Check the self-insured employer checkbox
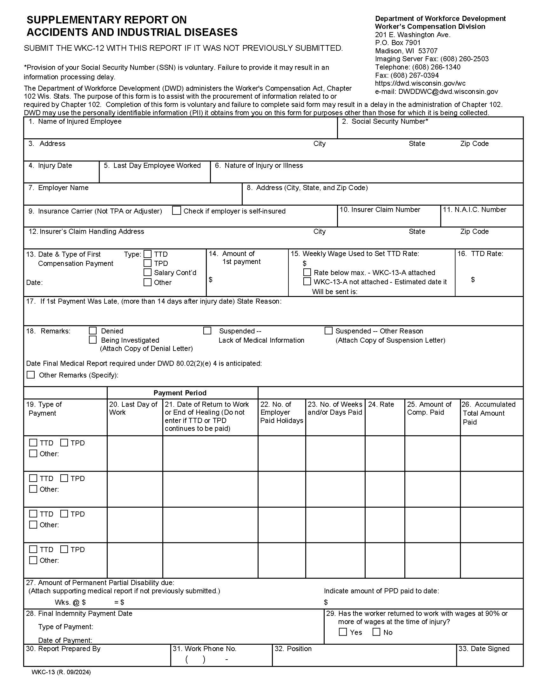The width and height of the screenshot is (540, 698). pyautogui.click(x=176, y=211)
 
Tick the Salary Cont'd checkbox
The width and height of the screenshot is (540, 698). pyautogui.click(x=147, y=272)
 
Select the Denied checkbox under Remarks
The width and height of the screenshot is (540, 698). pyautogui.click(x=93, y=331)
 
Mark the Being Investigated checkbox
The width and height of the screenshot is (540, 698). pyautogui.click(x=93, y=340)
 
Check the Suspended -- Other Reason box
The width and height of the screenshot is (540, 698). pyautogui.click(x=328, y=331)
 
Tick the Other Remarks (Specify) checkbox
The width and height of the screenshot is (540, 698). pyautogui.click(x=31, y=375)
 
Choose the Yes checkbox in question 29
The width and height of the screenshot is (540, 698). pyautogui.click(x=343, y=632)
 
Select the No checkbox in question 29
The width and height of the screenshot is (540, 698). pyautogui.click(x=376, y=632)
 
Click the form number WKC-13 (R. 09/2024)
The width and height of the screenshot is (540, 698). pyautogui.click(x=61, y=672)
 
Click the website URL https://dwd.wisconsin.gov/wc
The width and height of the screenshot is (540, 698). pyautogui.click(x=420, y=83)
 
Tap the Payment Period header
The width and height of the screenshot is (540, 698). pyautogui.click(x=180, y=393)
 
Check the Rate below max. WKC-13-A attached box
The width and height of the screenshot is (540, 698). pyautogui.click(x=307, y=272)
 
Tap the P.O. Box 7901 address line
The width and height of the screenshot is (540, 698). pyautogui.click(x=398, y=43)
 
